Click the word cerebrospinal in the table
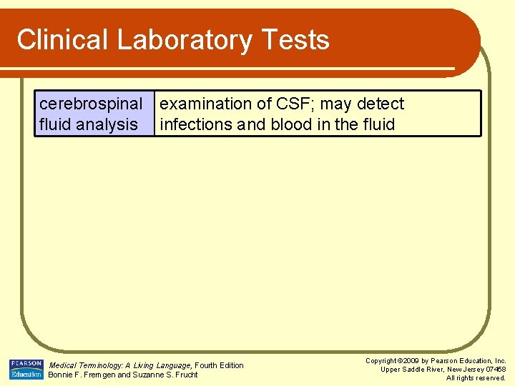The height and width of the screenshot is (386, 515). tap(91, 104)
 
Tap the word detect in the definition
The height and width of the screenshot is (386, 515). tap(381, 104)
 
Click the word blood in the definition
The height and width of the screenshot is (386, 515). tap(291, 124)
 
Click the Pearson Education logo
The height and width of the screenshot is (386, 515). tap(26, 369)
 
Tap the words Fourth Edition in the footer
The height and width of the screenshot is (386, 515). tap(220, 365)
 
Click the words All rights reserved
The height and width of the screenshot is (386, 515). tap(476, 378)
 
